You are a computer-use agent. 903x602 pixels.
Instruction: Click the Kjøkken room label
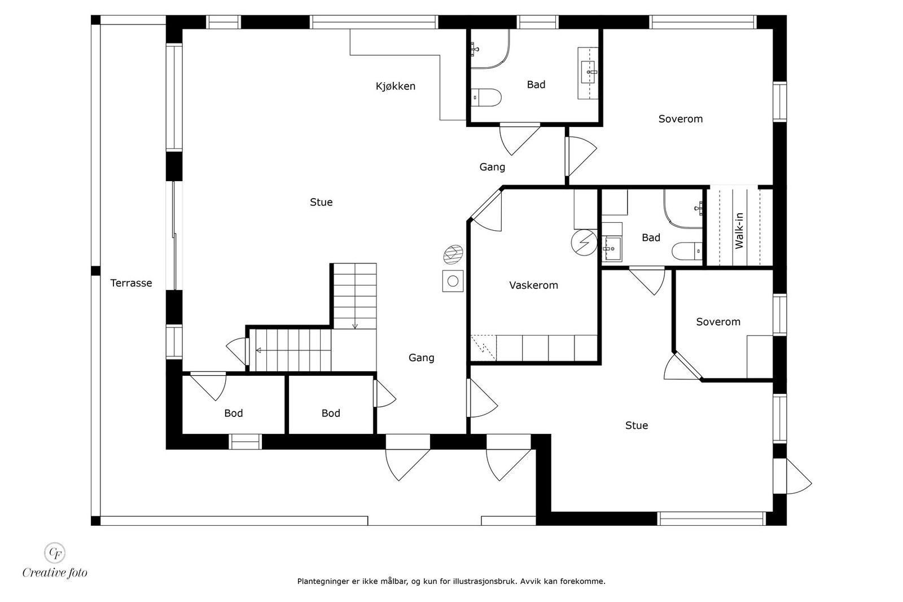[396, 86]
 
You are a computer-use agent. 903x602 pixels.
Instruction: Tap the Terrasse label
[131, 283]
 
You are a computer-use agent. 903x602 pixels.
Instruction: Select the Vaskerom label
[533, 285]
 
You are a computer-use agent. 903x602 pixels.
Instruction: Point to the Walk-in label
[739, 231]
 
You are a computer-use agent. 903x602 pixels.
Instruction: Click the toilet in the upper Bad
[486, 98]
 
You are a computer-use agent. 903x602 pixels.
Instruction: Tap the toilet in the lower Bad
[687, 251]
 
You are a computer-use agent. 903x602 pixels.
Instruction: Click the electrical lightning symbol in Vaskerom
[584, 243]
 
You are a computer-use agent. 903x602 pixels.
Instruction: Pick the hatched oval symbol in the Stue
[453, 254]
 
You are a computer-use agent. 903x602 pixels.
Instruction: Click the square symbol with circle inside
[453, 281]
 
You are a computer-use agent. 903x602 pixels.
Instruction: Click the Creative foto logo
[55, 561]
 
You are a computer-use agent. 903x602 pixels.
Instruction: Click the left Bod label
[234, 413]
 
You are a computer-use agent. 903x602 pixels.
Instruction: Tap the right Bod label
[331, 413]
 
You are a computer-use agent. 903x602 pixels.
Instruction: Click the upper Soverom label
[681, 119]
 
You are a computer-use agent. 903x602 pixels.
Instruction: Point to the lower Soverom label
[718, 322]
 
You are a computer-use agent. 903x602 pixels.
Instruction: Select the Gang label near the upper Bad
[492, 167]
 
